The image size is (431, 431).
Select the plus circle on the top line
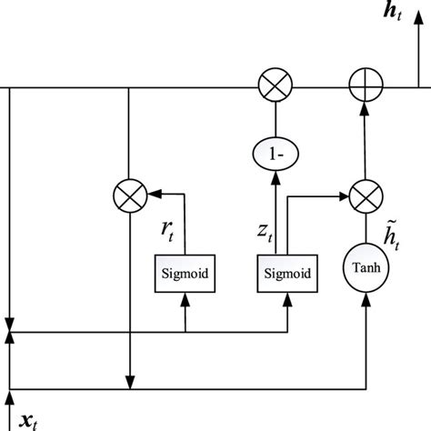[x=364, y=88]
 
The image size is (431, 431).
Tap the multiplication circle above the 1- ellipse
[x=273, y=88]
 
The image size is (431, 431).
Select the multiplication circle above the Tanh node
[x=364, y=194]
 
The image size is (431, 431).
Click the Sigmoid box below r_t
[x=185, y=272]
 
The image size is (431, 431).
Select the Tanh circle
[x=365, y=271]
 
